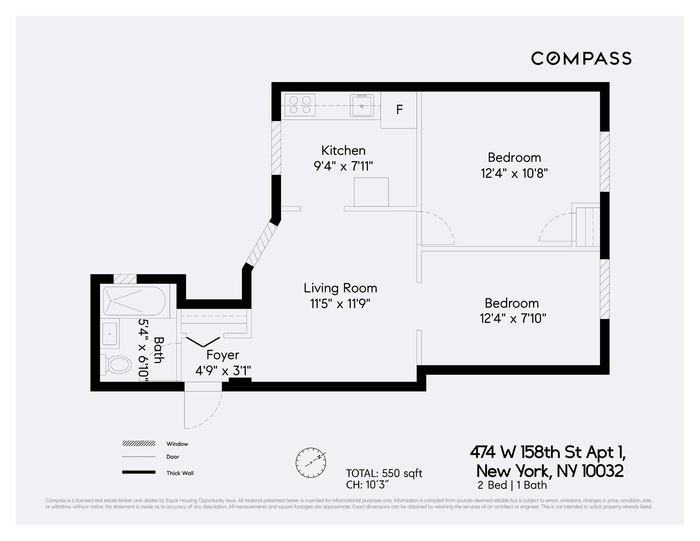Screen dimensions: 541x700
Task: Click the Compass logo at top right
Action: point(581,58)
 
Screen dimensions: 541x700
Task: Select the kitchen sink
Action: point(362,106)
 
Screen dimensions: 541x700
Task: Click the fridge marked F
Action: point(399,110)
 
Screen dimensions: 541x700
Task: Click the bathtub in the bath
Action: point(134,301)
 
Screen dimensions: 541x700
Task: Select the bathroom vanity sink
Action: point(110,334)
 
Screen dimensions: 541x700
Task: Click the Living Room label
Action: point(340,288)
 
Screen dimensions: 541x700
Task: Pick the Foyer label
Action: point(222,355)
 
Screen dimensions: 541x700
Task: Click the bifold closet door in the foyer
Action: point(203,342)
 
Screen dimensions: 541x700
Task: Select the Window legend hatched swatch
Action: point(139,444)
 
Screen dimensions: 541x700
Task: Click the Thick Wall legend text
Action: point(180,473)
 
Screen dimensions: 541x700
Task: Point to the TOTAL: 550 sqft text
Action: point(384,473)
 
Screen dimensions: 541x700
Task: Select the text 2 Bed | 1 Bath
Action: point(512,485)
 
